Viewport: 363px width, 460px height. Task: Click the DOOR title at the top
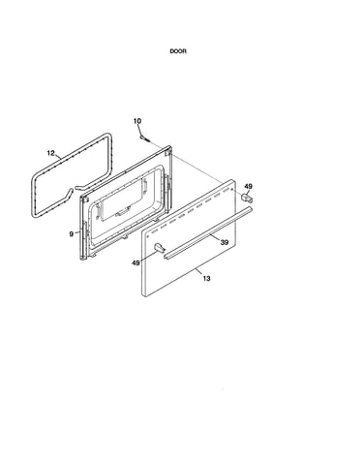(178, 51)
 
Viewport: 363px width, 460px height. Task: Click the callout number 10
(137, 121)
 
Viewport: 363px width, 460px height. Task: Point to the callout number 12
(51, 153)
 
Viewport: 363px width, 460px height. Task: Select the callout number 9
(72, 234)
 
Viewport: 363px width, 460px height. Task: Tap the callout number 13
(206, 278)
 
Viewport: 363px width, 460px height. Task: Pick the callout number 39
(225, 242)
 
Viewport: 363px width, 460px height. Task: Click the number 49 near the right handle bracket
(248, 187)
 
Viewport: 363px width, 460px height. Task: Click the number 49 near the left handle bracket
(136, 263)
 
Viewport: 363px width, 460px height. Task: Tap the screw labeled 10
(145, 138)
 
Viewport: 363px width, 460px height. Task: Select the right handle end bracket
(247, 198)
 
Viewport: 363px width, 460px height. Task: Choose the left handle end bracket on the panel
(160, 248)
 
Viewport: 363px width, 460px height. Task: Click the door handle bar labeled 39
(208, 232)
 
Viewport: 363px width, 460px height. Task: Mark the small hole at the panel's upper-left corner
(147, 236)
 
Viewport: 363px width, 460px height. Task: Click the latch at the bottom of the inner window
(123, 211)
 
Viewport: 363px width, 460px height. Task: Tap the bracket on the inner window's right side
(145, 185)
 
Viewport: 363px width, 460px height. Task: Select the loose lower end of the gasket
(70, 191)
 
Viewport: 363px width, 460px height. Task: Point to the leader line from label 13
(198, 272)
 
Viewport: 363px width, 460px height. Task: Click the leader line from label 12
(58, 157)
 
